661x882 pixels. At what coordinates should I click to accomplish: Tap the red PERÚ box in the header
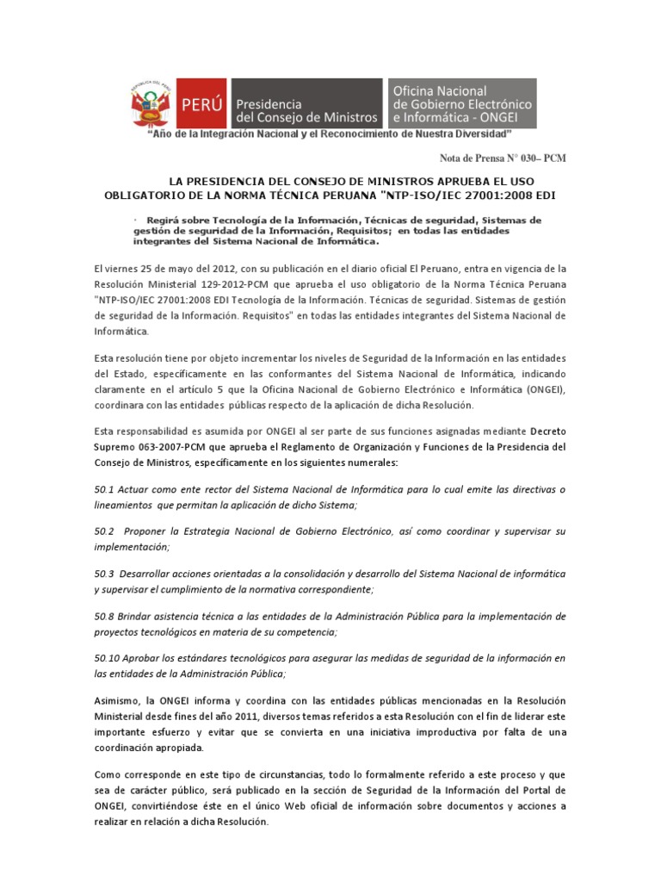click(203, 104)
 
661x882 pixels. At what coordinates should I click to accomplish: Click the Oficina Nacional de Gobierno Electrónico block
click(461, 103)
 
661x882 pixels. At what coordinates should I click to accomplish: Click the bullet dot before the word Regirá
click(136, 219)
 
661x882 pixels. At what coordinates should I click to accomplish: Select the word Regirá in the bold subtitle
click(162, 220)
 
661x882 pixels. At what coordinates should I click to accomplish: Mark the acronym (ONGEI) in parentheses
click(541, 390)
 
